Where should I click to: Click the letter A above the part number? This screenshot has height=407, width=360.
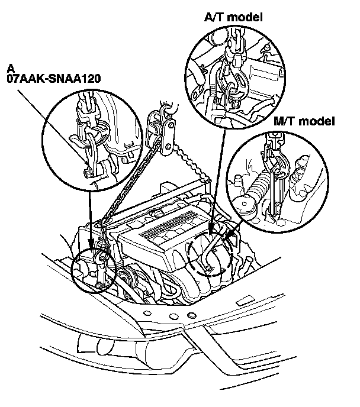(x=11, y=67)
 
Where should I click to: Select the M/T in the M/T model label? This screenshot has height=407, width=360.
(x=286, y=122)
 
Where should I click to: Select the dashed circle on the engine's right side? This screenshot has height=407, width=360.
(x=208, y=254)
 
